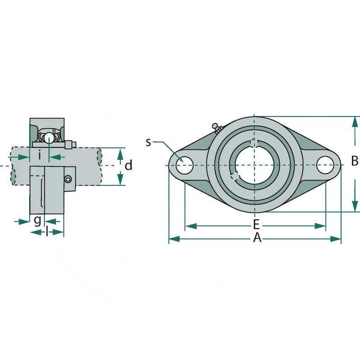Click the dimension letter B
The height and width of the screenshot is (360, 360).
(x=355, y=161)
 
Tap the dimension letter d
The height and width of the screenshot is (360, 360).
(x=128, y=166)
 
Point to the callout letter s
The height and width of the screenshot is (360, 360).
(x=148, y=143)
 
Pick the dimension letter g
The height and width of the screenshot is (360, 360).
(x=37, y=220)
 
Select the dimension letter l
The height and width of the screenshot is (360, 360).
(x=47, y=232)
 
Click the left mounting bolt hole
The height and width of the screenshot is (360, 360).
(x=184, y=165)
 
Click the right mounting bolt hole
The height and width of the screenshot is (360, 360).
(x=324, y=165)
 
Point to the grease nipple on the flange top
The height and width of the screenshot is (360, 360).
(x=217, y=128)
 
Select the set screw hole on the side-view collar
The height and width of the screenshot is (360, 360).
(x=68, y=179)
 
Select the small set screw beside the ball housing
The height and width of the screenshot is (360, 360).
(x=70, y=145)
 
